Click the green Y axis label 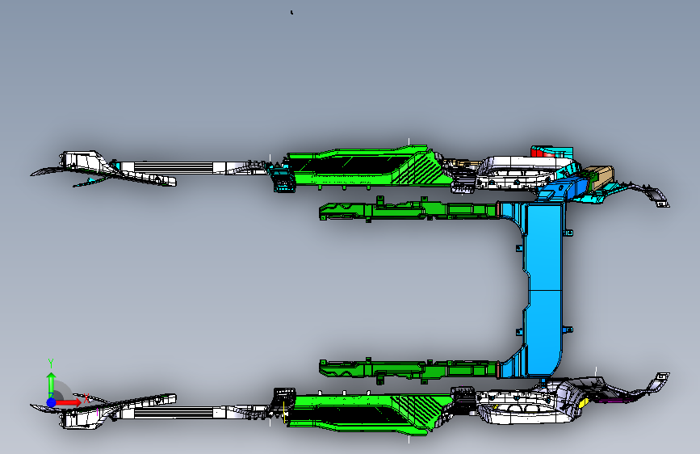click(x=50, y=362)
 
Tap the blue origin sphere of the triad click(x=51, y=401)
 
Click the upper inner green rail click(x=404, y=211)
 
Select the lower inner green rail click(x=404, y=369)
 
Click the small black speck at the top click(x=291, y=12)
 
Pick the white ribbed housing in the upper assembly click(x=509, y=171)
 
